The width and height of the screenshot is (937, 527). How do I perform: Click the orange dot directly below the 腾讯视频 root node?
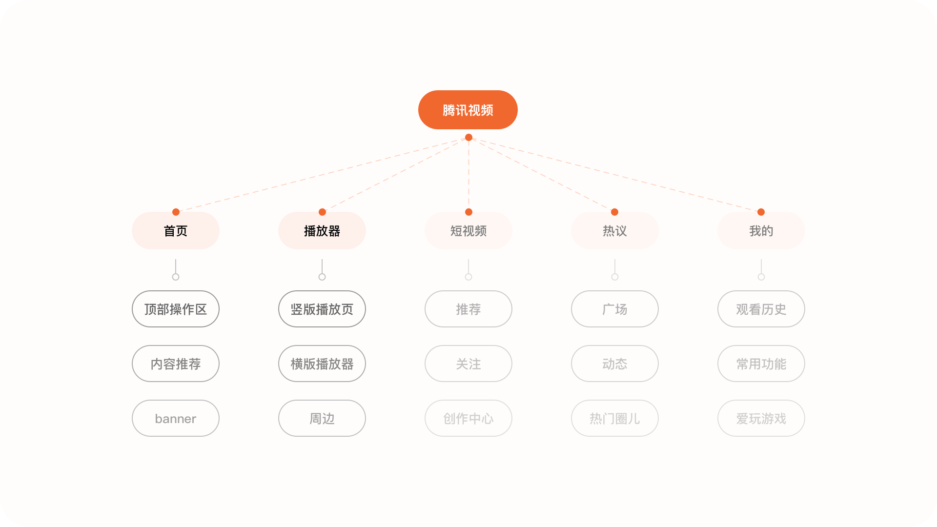pyautogui.click(x=468, y=138)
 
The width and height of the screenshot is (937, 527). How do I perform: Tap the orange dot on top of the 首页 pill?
pyautogui.click(x=176, y=212)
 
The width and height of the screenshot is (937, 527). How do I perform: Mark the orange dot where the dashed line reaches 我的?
pyautogui.click(x=761, y=212)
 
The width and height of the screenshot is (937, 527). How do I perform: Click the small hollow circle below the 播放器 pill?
pyautogui.click(x=322, y=277)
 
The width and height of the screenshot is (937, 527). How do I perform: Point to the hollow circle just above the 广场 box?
pyautogui.click(x=615, y=277)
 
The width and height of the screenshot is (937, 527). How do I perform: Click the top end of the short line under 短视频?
pyautogui.click(x=468, y=259)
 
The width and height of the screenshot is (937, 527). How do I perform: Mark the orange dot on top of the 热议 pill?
pyautogui.click(x=614, y=212)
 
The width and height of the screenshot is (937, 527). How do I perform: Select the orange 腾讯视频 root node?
pyautogui.click(x=468, y=110)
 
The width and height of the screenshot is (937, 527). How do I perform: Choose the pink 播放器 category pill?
pyautogui.click(x=322, y=230)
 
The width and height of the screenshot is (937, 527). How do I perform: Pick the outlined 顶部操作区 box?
pyautogui.click(x=176, y=309)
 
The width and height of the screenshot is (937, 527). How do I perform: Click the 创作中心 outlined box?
pyautogui.click(x=468, y=418)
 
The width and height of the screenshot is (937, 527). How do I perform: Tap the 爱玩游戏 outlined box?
pyautogui.click(x=761, y=418)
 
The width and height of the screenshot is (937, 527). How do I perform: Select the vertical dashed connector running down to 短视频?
pyautogui.click(x=468, y=175)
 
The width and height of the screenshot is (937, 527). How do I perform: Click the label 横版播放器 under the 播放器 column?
pyautogui.click(x=322, y=364)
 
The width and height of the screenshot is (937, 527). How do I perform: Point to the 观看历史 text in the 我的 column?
pyautogui.click(x=761, y=309)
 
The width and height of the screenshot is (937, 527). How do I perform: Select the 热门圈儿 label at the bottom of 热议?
pyautogui.click(x=615, y=419)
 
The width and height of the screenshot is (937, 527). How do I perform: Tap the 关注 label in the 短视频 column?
pyautogui.click(x=468, y=364)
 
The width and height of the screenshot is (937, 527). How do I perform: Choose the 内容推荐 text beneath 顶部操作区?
pyautogui.click(x=176, y=364)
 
